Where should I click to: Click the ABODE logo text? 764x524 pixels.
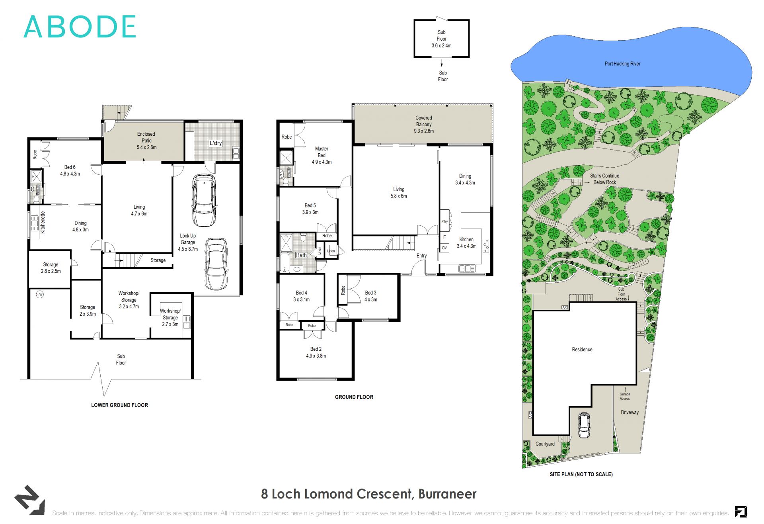[80, 27]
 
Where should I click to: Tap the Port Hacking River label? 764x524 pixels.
[622, 64]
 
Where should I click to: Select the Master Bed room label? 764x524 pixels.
[322, 155]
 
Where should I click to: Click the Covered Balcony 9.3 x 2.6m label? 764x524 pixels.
[424, 124]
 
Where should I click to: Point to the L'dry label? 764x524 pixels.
[216, 143]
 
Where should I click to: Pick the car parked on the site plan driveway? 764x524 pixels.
[584, 425]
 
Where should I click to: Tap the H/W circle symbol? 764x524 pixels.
[40, 294]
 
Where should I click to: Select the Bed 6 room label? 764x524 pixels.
[70, 170]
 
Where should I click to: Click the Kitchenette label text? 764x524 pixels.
[43, 223]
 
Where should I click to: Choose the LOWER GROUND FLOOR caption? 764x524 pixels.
[119, 405]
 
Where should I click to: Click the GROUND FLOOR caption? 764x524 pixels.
[354, 397]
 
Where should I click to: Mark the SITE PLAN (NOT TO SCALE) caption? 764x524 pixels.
[581, 474]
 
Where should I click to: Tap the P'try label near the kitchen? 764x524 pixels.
[444, 221]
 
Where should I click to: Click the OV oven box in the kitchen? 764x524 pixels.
[444, 248]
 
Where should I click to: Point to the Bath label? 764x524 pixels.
[301, 255]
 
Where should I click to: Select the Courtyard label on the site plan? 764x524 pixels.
[545, 444]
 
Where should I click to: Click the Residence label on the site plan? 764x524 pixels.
[582, 350]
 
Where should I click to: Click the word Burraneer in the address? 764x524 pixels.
[447, 494]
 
